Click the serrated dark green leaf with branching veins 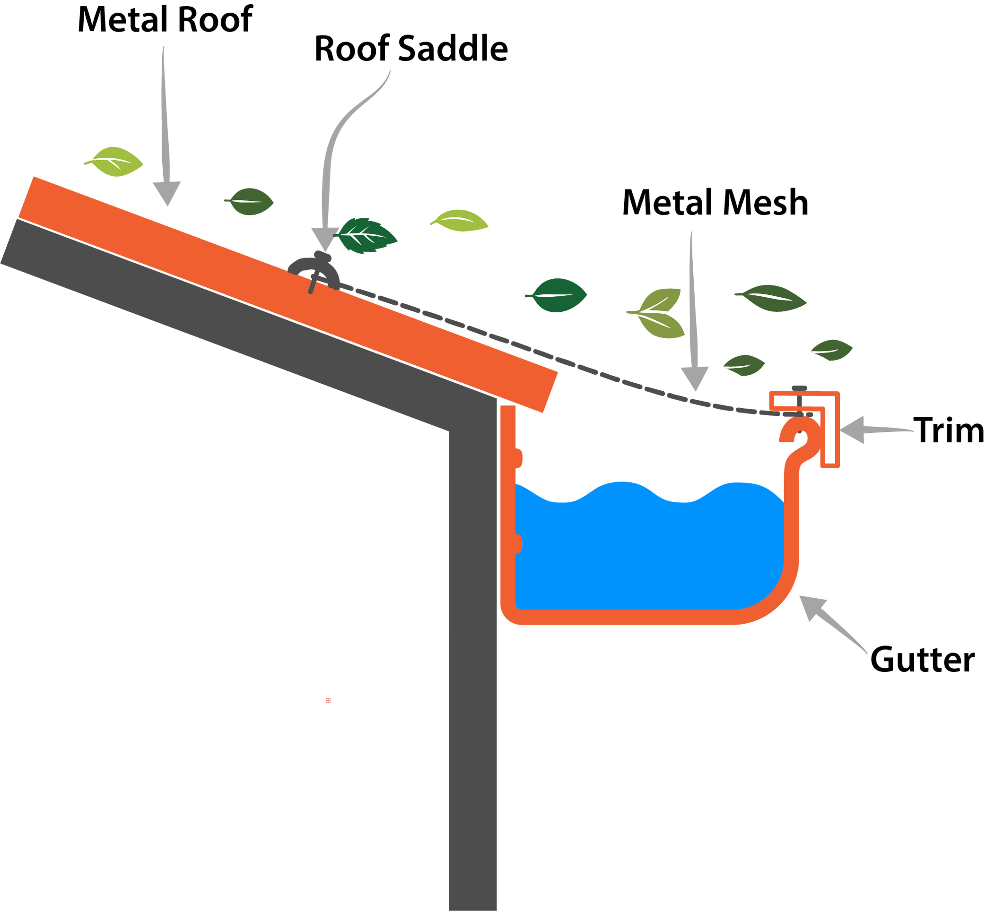367,236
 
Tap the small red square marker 328,700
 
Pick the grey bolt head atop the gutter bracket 799,387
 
